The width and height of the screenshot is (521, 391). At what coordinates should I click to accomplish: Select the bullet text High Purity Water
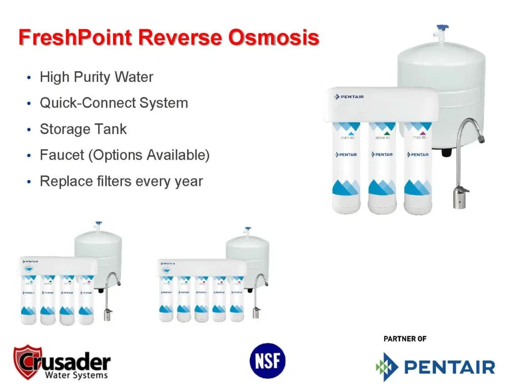click(96, 77)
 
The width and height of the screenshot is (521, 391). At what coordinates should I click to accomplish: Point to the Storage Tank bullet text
click(83, 129)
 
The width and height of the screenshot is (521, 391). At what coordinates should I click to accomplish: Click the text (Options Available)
click(149, 155)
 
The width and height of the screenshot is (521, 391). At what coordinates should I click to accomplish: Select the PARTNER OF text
click(404, 339)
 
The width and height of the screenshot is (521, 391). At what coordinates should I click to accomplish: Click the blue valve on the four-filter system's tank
click(98, 225)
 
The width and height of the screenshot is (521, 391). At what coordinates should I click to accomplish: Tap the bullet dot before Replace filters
click(28, 182)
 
